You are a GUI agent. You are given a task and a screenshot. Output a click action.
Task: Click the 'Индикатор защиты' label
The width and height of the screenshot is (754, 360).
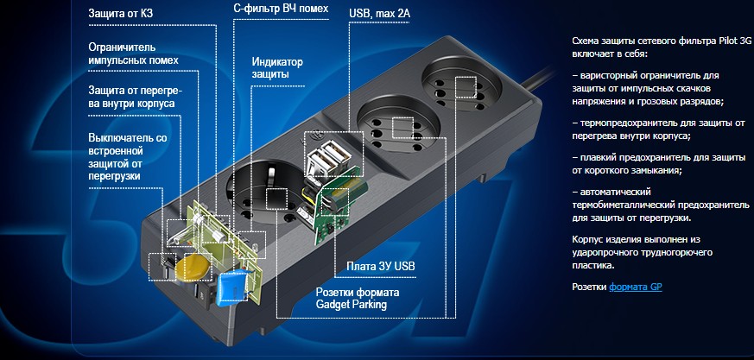click(x=278, y=68)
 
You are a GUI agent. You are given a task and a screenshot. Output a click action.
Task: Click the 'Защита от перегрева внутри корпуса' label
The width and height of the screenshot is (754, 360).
click(x=132, y=97)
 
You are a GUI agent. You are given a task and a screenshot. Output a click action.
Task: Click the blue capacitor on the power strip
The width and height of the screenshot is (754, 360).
click(x=233, y=287)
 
